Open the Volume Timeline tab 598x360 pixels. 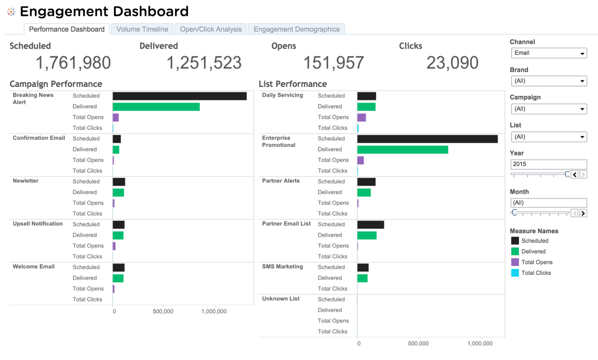[x=142, y=29]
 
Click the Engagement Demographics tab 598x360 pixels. [x=296, y=29]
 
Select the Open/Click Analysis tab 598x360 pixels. [x=211, y=29]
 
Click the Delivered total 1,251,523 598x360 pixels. [x=204, y=63]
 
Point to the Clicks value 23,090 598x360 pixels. [x=452, y=63]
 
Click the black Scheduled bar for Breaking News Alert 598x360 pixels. [x=179, y=96]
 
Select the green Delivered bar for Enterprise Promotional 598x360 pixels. [x=402, y=150]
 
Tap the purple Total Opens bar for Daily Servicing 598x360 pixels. [x=362, y=117]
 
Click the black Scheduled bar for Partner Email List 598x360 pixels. [x=370, y=224]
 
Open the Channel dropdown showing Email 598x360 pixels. [x=549, y=53]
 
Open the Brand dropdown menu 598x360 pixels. [x=549, y=81]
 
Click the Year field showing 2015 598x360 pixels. [x=548, y=164]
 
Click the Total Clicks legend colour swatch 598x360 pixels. [x=515, y=273]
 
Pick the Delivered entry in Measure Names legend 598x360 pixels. [x=533, y=252]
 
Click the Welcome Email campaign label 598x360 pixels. [x=34, y=267]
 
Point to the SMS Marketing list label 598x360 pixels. [x=282, y=267]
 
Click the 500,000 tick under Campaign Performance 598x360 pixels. [x=163, y=311]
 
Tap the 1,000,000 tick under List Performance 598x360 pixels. [x=480, y=344]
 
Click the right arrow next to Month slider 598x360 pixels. [x=583, y=213]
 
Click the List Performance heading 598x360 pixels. [x=293, y=84]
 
